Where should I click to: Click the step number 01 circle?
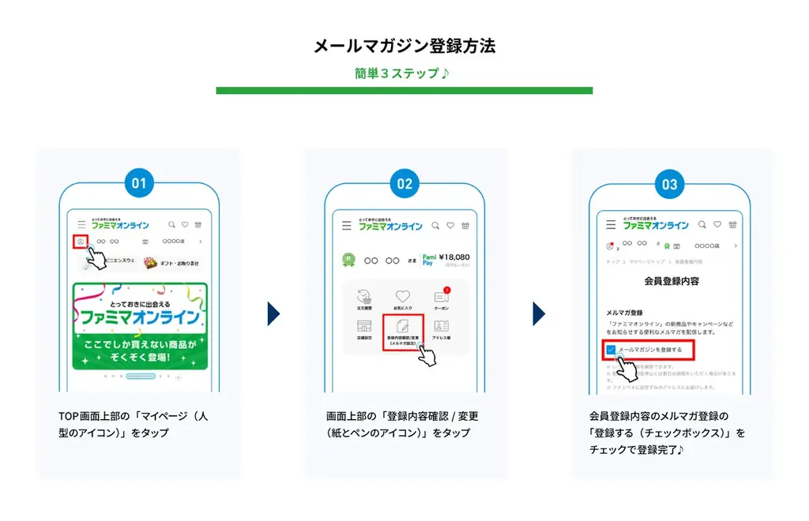pyautogui.click(x=139, y=184)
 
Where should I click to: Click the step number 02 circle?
pyautogui.click(x=404, y=184)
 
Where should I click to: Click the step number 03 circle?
pyautogui.click(x=670, y=184)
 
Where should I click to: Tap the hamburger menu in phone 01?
pyautogui.click(x=81, y=225)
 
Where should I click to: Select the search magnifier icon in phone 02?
pyautogui.click(x=435, y=226)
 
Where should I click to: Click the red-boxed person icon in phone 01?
pyautogui.click(x=79, y=242)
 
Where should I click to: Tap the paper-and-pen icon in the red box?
pyautogui.click(x=403, y=324)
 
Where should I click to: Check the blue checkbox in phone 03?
pyautogui.click(x=611, y=349)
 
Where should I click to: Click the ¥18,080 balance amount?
pyautogui.click(x=454, y=257)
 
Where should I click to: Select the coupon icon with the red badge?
pyautogui.click(x=441, y=298)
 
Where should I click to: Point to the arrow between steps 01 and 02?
pyautogui.click(x=273, y=313)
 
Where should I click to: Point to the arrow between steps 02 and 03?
pyautogui.click(x=539, y=313)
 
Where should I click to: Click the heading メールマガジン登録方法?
pyautogui.click(x=404, y=46)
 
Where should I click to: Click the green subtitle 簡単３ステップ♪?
pyautogui.click(x=402, y=73)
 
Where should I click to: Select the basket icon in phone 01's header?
pyautogui.click(x=198, y=225)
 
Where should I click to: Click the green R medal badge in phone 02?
pyautogui.click(x=348, y=258)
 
